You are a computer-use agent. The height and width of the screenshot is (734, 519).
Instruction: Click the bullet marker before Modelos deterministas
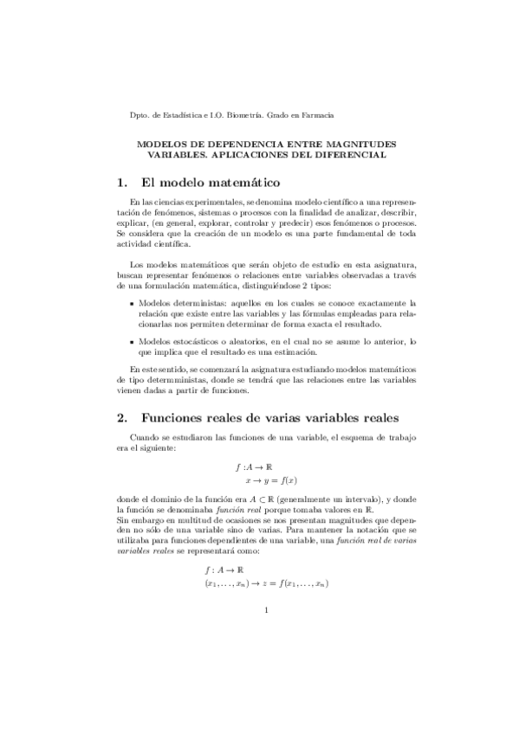point(130,305)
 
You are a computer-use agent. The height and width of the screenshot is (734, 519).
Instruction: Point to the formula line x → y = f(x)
point(271,479)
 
